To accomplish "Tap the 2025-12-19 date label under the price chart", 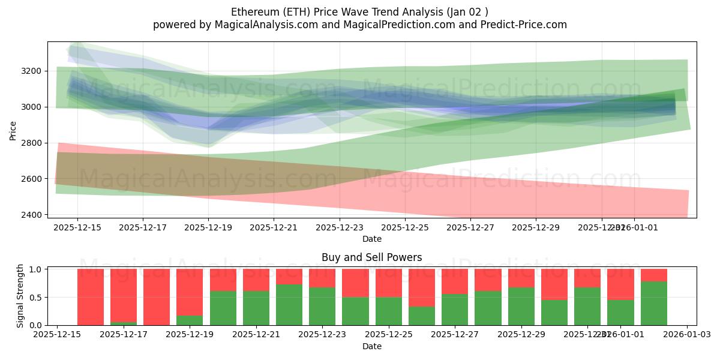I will pyautogui.click(x=208, y=228).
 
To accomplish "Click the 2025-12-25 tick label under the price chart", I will pyautogui.click(x=405, y=228).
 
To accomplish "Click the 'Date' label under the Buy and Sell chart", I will pyautogui.click(x=371, y=347).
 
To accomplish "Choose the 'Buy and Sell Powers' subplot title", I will pyautogui.click(x=371, y=257).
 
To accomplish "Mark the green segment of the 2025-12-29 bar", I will pyautogui.click(x=521, y=306).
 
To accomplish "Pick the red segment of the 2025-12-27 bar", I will pyautogui.click(x=455, y=281).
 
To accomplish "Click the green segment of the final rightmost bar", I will pyautogui.click(x=653, y=303).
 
